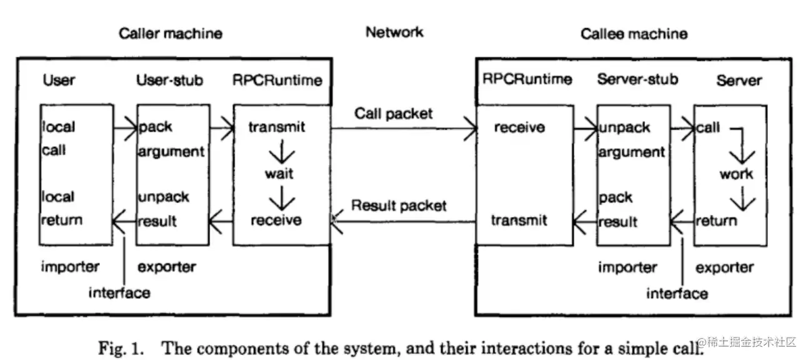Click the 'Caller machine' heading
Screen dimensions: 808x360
(x=171, y=34)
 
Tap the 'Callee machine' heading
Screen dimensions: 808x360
(x=634, y=34)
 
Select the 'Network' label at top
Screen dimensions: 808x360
(x=394, y=32)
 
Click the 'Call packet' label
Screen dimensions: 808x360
(x=393, y=114)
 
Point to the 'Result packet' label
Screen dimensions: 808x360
(x=399, y=205)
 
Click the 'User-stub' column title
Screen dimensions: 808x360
(x=169, y=80)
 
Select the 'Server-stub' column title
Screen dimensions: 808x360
(x=637, y=79)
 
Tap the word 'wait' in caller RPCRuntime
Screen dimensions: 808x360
(x=279, y=174)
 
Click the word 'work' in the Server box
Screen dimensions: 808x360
(x=736, y=174)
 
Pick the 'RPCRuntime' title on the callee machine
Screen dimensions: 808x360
(x=527, y=79)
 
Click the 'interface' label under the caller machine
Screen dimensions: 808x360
(x=119, y=293)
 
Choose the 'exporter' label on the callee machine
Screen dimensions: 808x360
(x=725, y=267)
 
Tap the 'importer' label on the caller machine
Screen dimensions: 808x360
(x=70, y=267)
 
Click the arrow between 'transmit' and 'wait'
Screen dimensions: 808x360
(x=282, y=151)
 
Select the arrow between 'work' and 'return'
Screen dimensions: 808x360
(x=743, y=198)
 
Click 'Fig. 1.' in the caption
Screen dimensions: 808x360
(x=121, y=348)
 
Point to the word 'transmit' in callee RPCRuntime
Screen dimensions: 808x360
(x=519, y=220)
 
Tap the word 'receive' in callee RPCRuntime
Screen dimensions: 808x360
(x=519, y=127)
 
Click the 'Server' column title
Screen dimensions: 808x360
(x=739, y=81)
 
